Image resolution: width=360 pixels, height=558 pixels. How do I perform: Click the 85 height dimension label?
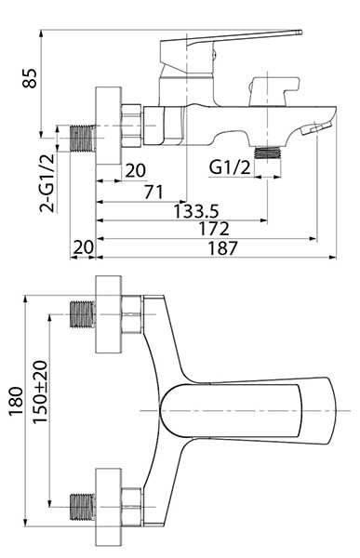coord(30,78)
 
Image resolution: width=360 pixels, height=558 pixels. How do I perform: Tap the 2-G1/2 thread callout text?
coord(47,183)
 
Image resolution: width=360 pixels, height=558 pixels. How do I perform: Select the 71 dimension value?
coord(153,193)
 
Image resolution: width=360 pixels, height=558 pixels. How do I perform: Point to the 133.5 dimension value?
coord(196,211)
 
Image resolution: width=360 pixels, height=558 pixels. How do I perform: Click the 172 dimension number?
coord(214,229)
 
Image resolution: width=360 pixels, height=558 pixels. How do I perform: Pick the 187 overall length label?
coord(222,248)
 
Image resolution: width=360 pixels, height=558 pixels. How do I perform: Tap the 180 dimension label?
coord(16,401)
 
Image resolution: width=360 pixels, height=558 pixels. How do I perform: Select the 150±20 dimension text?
coord(40,392)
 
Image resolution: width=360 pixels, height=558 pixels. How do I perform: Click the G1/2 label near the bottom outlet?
coord(230,167)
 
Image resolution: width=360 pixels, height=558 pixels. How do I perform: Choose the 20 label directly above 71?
coord(135,170)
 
